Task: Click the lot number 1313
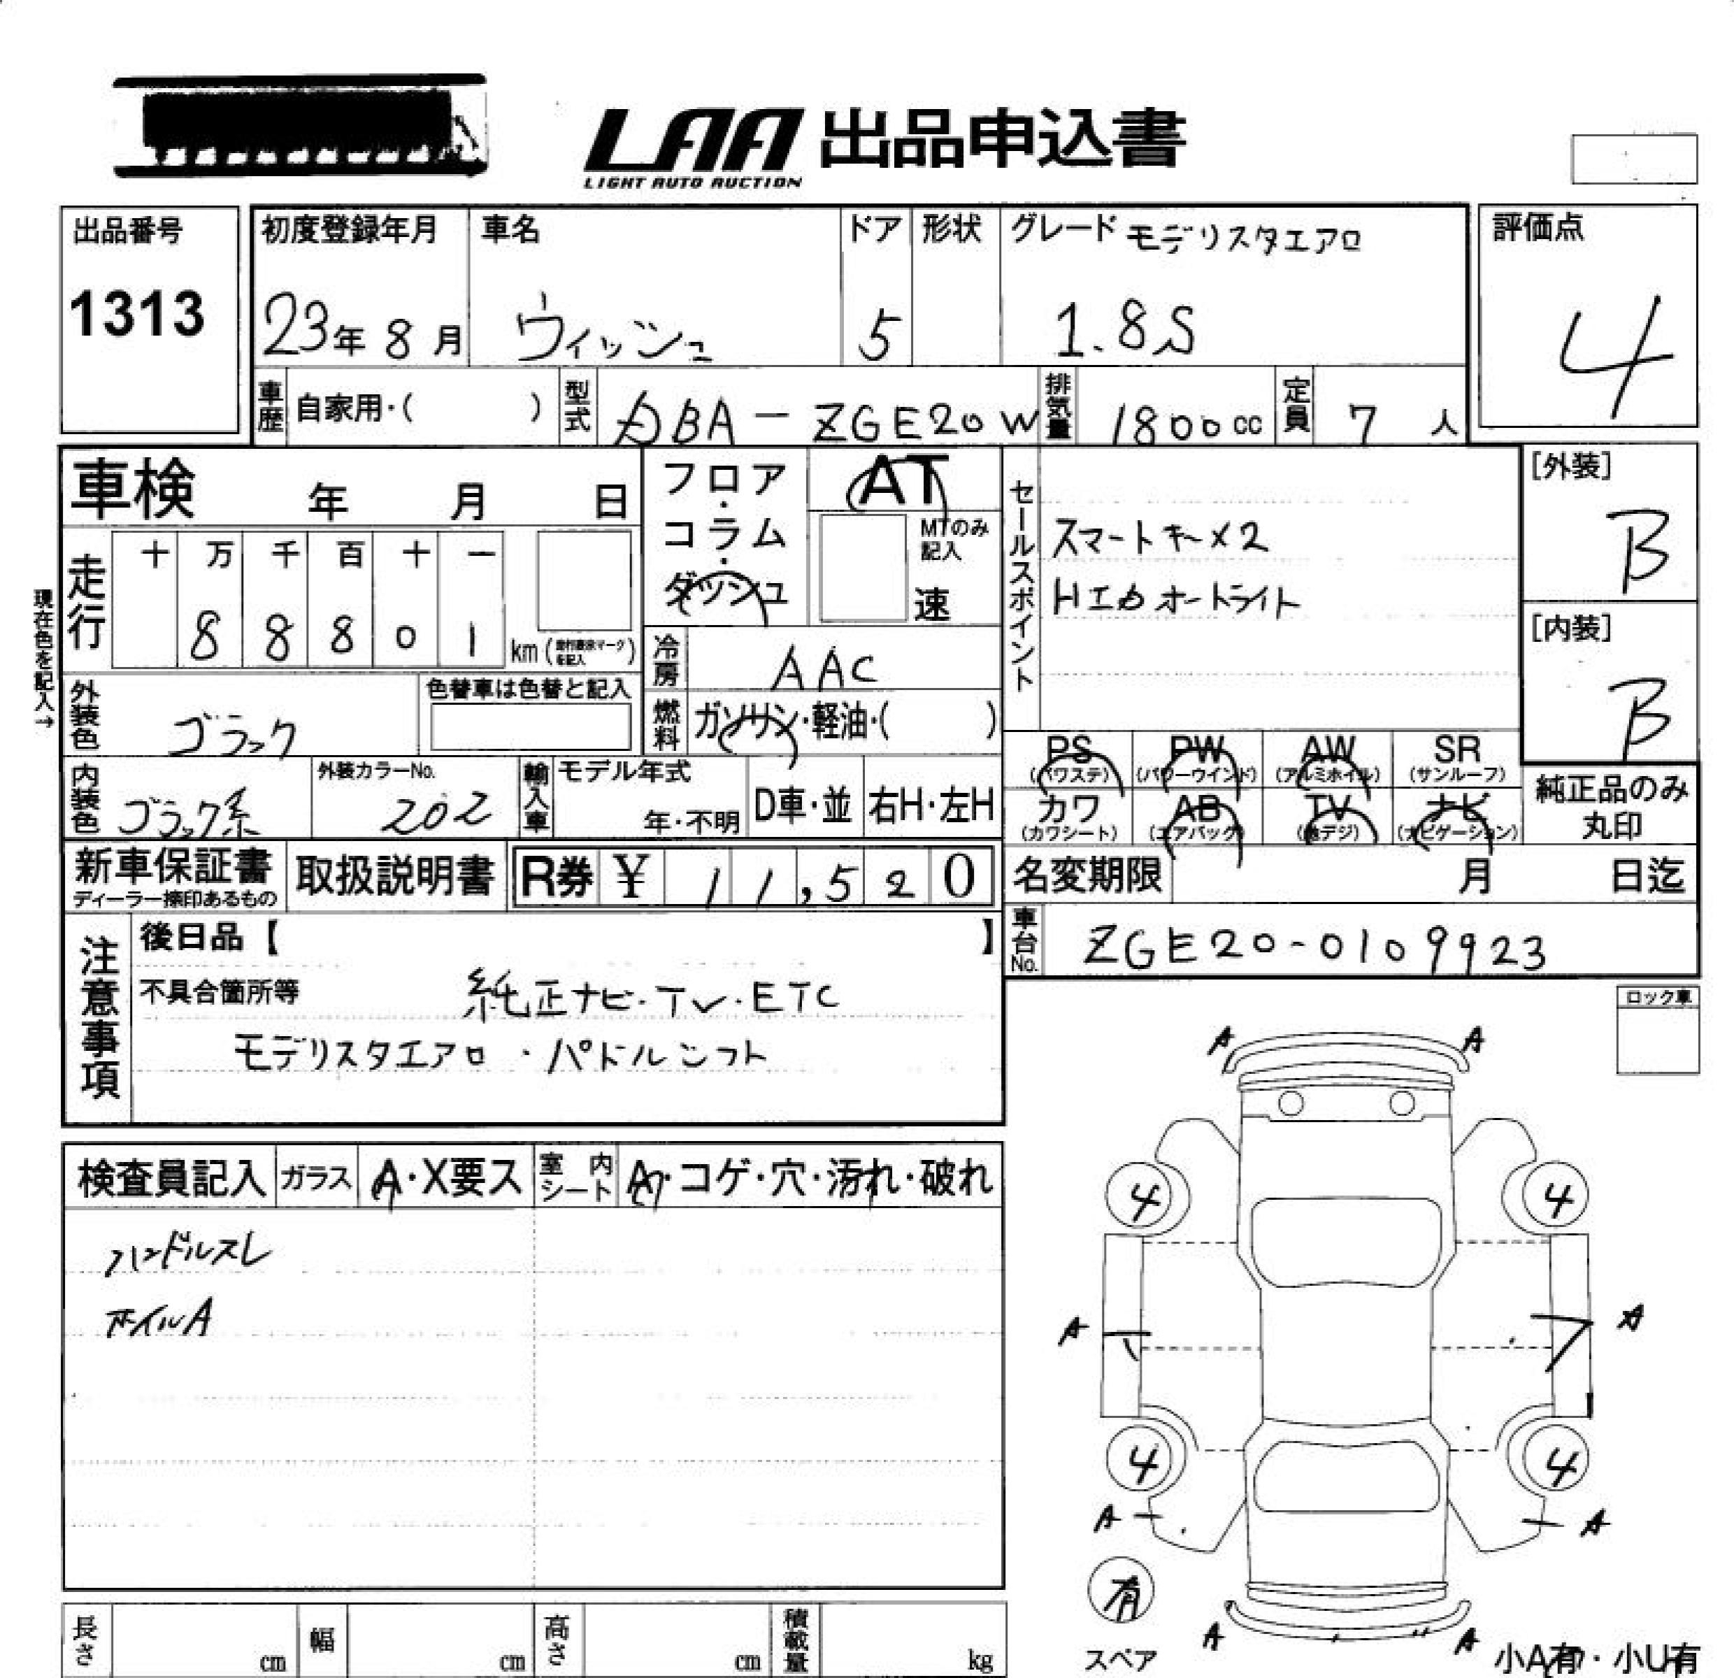(x=137, y=314)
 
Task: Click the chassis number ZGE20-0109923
(x=1314, y=949)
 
